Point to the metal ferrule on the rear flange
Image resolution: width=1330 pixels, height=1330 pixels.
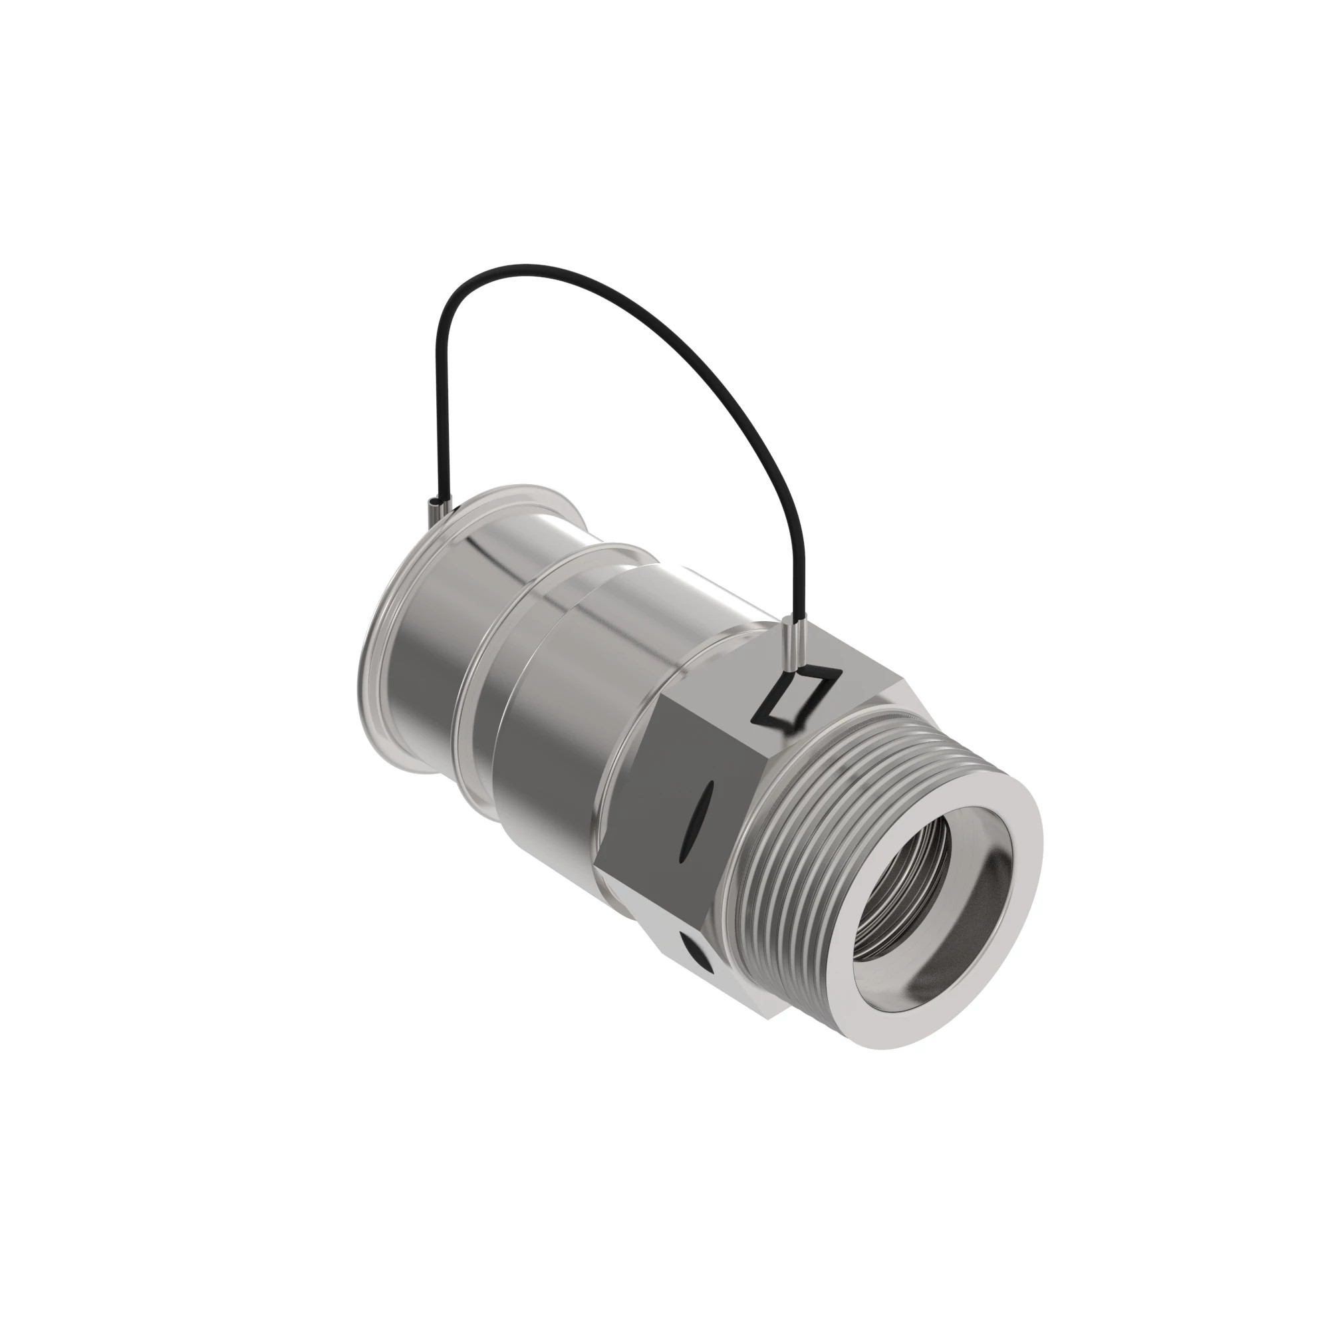(436, 511)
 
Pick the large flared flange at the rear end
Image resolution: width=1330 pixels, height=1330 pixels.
(378, 620)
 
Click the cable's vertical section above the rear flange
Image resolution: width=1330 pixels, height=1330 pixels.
(435, 413)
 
